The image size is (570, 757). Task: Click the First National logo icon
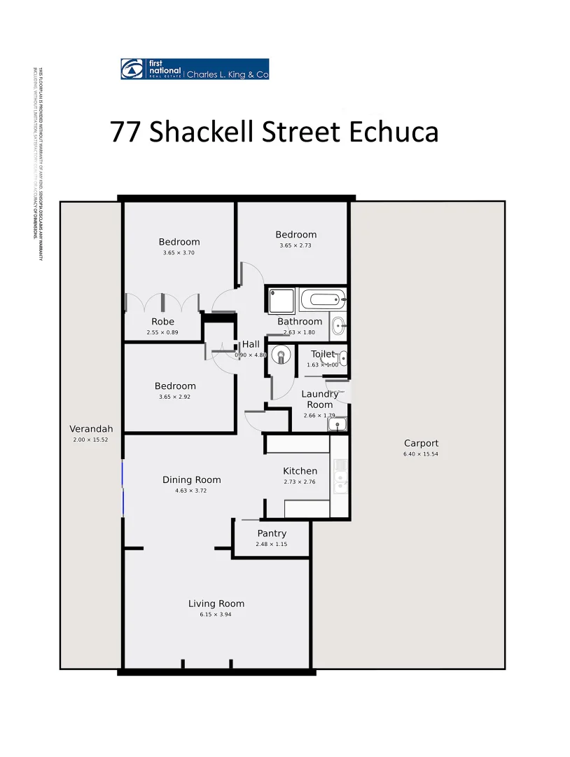(x=132, y=69)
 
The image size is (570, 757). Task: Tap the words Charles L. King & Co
(x=227, y=74)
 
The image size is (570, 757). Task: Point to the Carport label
(x=421, y=443)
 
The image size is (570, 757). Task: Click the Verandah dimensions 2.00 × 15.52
(x=90, y=440)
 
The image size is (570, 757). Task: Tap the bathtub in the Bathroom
(x=323, y=301)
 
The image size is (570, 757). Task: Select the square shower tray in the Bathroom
(x=281, y=301)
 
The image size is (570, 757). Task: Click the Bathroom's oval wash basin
(x=338, y=325)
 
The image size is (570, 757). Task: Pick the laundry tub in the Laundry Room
(x=338, y=424)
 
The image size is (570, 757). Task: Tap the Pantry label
(x=271, y=533)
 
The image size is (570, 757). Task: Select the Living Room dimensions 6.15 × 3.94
(x=216, y=615)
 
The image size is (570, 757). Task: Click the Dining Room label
(x=191, y=480)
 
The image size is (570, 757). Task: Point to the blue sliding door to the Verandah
(x=123, y=488)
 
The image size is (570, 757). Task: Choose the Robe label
(x=162, y=322)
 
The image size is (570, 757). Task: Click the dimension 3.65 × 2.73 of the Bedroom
(x=296, y=245)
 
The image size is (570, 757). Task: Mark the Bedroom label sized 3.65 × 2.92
(x=175, y=386)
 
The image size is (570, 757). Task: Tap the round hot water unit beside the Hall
(x=281, y=355)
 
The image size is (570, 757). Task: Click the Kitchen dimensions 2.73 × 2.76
(x=300, y=482)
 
